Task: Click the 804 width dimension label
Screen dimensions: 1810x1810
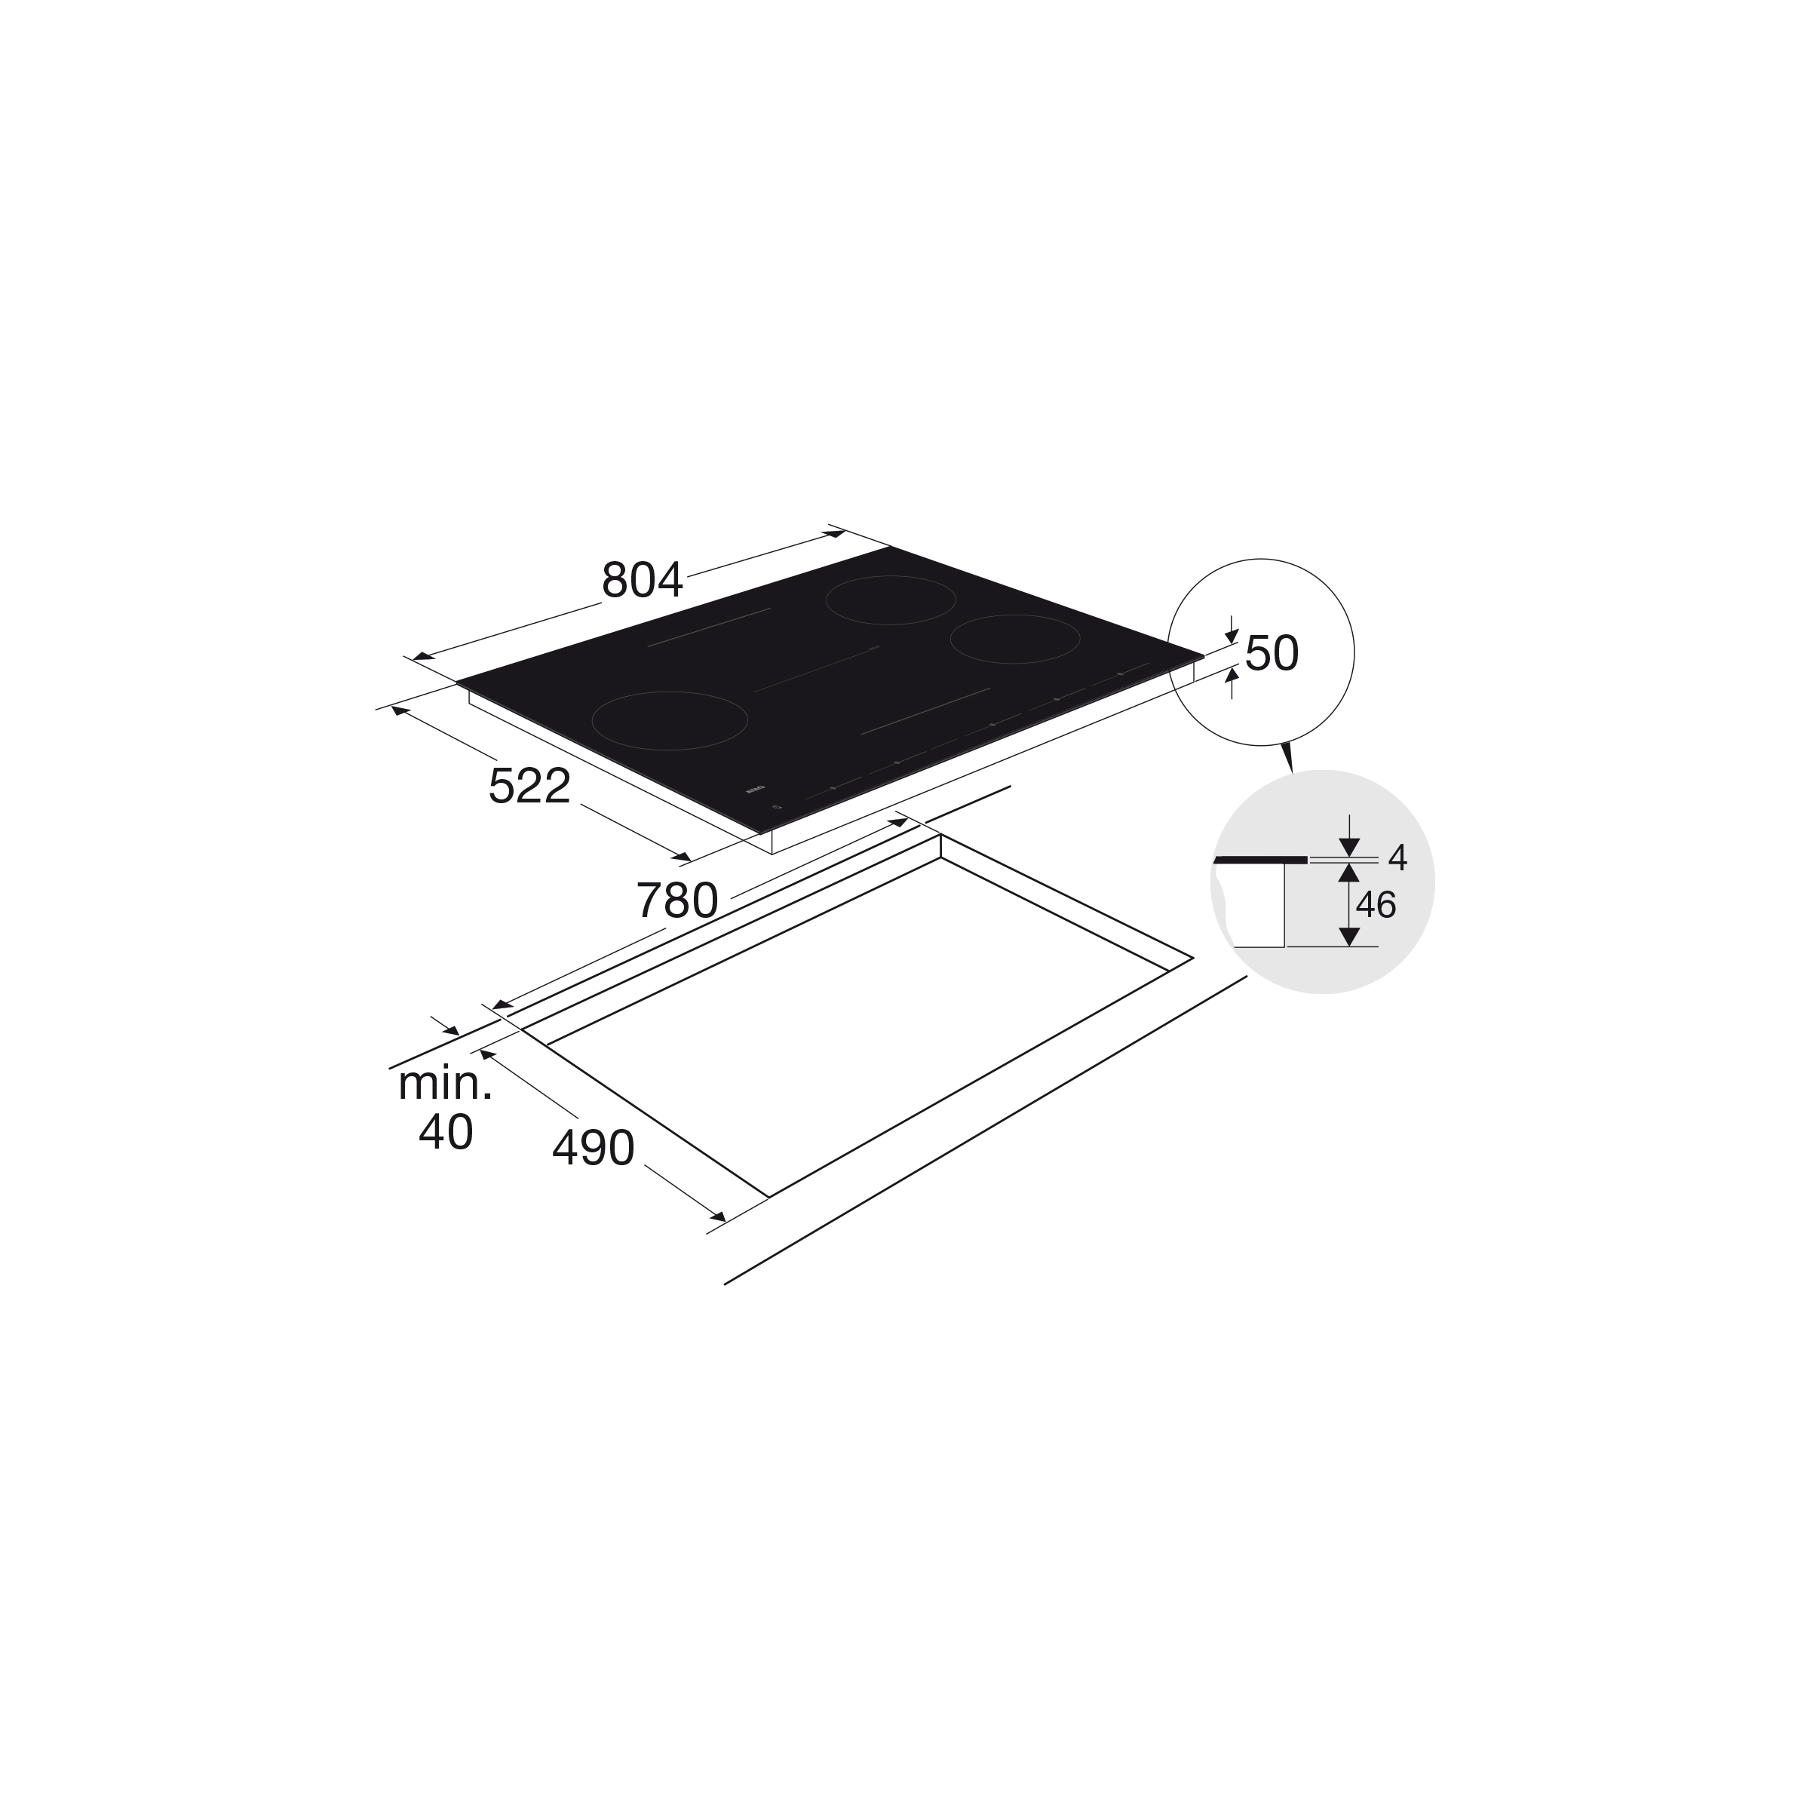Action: [643, 581]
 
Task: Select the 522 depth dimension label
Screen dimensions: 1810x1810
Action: [529, 786]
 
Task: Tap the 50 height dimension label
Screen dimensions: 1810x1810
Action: [1272, 654]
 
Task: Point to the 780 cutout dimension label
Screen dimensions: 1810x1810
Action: [676, 901]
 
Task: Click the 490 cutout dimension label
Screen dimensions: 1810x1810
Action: [593, 1148]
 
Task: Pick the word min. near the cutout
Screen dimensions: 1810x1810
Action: [445, 1084]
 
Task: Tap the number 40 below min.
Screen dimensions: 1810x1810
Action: [445, 1133]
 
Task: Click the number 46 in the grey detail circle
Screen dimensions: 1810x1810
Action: [1376, 905]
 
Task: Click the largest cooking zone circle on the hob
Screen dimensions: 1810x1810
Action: [670, 720]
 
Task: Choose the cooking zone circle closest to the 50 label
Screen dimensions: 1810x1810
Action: [1014, 639]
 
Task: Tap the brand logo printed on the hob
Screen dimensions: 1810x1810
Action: [755, 790]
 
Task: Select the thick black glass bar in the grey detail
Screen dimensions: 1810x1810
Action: [1260, 859]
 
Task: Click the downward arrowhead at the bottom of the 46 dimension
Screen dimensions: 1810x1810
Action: [1349, 936]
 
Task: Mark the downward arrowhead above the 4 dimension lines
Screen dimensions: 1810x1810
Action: [1349, 847]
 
